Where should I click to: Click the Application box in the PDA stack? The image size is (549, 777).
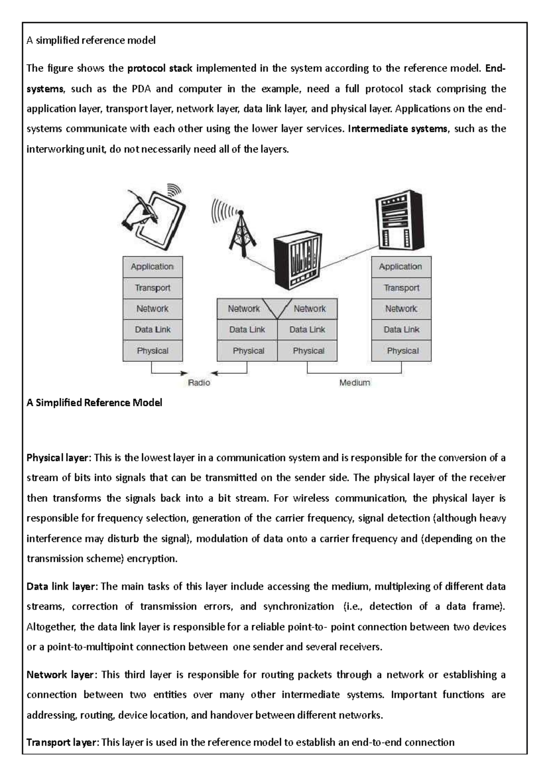pyautogui.click(x=152, y=266)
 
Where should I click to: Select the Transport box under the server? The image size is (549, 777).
pyautogui.click(x=401, y=288)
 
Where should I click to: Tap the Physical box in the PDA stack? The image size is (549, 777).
pyautogui.click(x=152, y=351)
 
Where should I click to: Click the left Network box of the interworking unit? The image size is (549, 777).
pyautogui.click(x=243, y=309)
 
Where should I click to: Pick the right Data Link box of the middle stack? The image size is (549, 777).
pyautogui.click(x=307, y=329)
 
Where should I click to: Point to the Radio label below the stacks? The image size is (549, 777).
pyautogui.click(x=199, y=382)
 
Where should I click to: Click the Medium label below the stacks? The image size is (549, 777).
pyautogui.click(x=355, y=382)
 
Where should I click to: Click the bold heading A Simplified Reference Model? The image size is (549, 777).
pyautogui.click(x=94, y=403)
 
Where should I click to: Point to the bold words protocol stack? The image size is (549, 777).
pyautogui.click(x=160, y=69)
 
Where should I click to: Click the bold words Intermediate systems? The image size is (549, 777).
pyautogui.click(x=398, y=129)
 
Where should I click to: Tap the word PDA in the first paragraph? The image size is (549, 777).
pyautogui.click(x=141, y=89)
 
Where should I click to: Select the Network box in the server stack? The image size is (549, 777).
pyautogui.click(x=401, y=309)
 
